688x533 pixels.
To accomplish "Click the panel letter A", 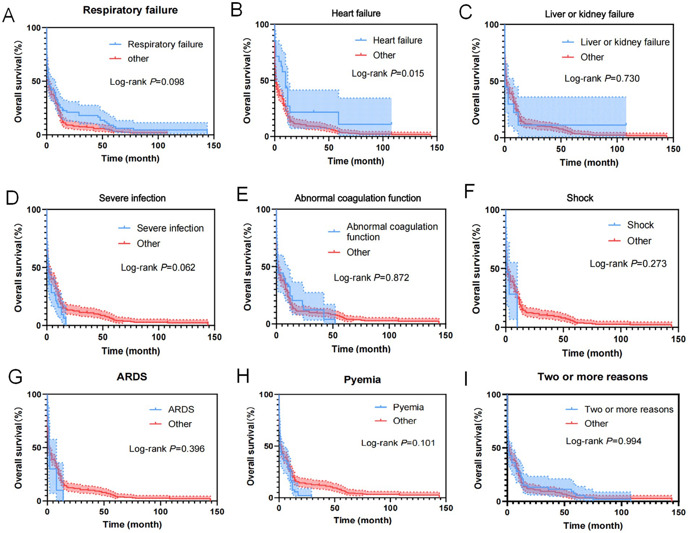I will (8, 16).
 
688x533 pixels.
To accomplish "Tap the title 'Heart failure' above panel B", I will (356, 14).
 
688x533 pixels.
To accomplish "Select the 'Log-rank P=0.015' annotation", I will (387, 74).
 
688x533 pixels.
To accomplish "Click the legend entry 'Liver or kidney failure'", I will (625, 42).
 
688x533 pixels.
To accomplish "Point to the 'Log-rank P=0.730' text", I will (602, 79).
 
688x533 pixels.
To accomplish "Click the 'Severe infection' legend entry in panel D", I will (170, 228).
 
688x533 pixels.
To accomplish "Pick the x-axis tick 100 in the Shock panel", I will (621, 339).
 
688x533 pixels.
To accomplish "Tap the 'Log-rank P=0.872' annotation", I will (371, 278).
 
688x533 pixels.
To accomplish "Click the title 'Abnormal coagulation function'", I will (357, 198).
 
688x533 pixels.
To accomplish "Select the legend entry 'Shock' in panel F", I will (640, 225).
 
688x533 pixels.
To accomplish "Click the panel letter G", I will (15, 377).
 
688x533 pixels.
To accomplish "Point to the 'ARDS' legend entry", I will (181, 409).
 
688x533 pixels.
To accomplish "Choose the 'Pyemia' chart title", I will (362, 380).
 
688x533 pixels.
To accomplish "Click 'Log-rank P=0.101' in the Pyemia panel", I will (398, 443).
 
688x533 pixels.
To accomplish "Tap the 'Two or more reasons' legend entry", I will (629, 409).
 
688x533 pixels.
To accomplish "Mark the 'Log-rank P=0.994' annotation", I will (603, 441).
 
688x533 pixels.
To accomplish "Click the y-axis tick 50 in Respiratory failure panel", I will (36, 81).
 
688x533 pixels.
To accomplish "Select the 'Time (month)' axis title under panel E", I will (361, 349).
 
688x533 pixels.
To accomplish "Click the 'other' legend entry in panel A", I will (138, 59).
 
